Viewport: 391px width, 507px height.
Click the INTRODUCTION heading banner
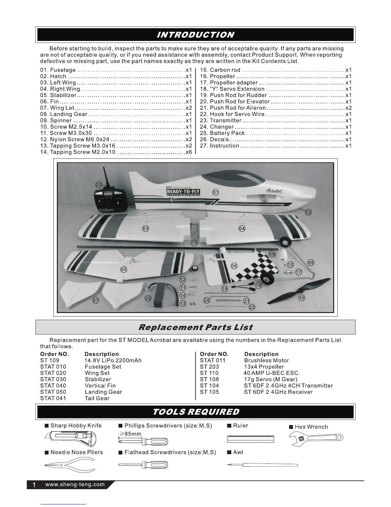(x=195, y=35)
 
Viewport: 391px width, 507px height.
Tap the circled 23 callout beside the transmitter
(x=99, y=184)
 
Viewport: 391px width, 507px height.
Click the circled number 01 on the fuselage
(x=216, y=192)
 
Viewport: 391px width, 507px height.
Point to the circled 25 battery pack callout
(x=148, y=298)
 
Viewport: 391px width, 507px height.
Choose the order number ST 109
(x=50, y=360)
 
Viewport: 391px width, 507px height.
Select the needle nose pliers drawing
(x=70, y=465)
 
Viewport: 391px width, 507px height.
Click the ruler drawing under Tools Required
(x=250, y=439)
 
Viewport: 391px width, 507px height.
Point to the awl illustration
(x=262, y=465)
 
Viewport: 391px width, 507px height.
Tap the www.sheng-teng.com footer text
(x=75, y=484)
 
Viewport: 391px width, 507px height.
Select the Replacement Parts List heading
(x=195, y=327)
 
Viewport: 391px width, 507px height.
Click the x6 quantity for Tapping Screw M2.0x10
(x=189, y=152)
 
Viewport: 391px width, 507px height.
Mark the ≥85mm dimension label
(x=130, y=434)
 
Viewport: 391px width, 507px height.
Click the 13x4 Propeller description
(x=264, y=367)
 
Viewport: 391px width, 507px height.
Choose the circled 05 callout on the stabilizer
(x=124, y=270)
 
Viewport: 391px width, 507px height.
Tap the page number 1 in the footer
(x=34, y=485)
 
